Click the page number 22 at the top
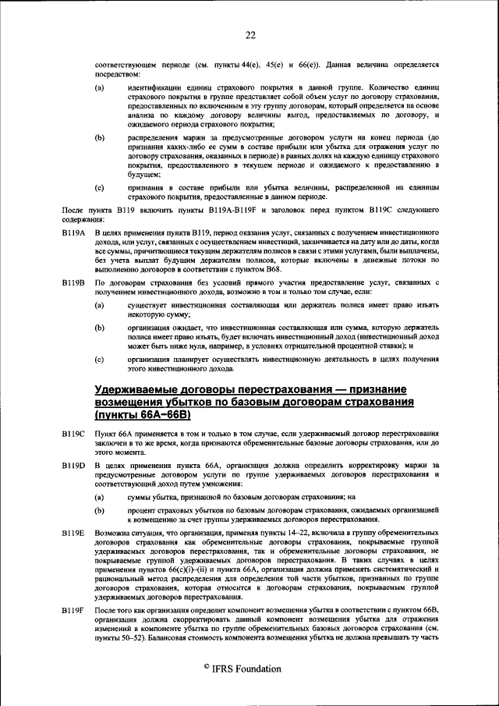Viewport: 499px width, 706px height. [x=250, y=34]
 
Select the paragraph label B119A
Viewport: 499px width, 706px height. [x=72, y=234]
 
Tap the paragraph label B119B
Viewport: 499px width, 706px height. [x=72, y=282]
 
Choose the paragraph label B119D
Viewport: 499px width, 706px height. [x=72, y=466]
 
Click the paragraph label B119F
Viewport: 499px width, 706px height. [x=72, y=607]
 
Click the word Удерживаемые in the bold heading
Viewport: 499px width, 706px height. [x=143, y=389]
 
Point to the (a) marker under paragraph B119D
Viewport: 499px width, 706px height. [x=100, y=496]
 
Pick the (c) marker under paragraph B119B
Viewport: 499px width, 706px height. [x=100, y=358]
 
